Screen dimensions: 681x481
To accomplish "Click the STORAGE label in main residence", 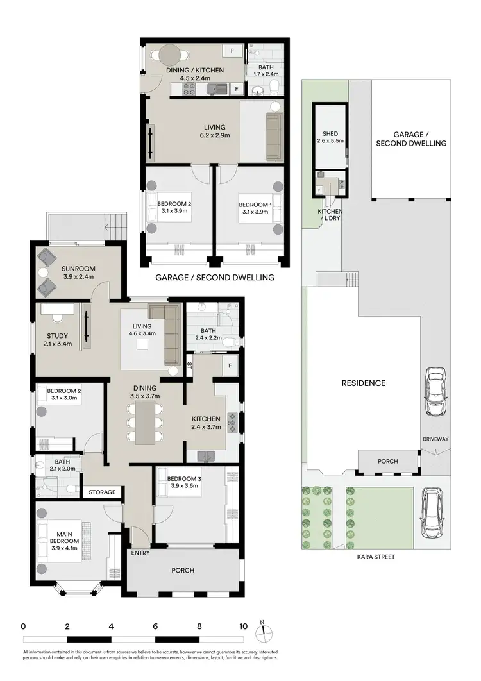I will pos(102,492).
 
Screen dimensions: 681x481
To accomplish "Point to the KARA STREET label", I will pos(377,557).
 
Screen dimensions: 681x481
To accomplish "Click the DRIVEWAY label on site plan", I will pos(435,439).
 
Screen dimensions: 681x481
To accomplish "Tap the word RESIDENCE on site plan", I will pos(363,383).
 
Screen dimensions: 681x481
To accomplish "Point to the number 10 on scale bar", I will pos(243,626).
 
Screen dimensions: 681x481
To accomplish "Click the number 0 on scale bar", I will pos(23,626).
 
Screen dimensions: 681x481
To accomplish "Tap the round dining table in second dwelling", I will pos(171,53).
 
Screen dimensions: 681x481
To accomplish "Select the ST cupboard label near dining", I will pos(189,365).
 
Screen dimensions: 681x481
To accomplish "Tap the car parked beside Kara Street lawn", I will pos(432,513).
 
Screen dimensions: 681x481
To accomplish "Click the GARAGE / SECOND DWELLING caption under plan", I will pos(215,278).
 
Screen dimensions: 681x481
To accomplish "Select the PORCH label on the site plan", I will pos(387,461).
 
